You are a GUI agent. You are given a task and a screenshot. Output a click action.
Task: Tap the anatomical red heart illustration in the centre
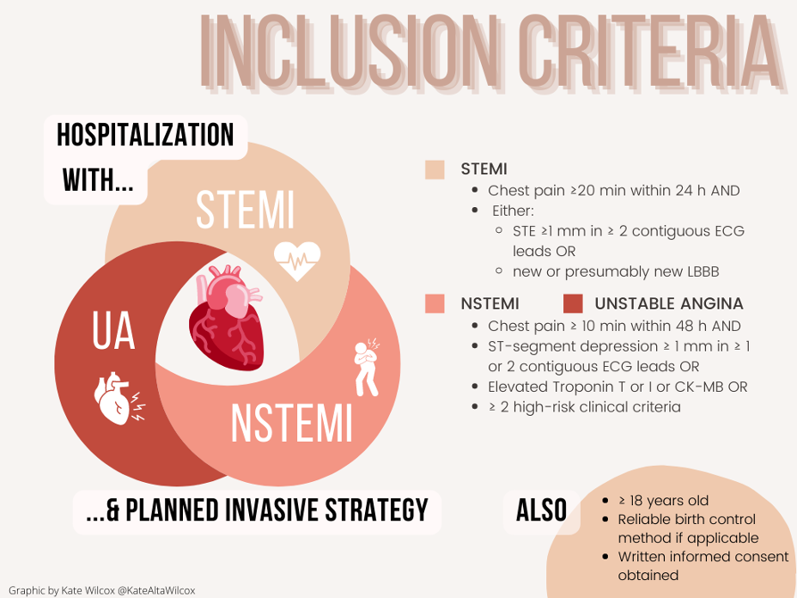(x=227, y=317)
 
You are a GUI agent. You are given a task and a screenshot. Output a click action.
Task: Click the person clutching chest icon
(x=367, y=367)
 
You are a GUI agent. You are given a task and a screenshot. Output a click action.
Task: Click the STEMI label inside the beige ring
(x=245, y=210)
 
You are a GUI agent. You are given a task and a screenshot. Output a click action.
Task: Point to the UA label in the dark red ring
(x=113, y=331)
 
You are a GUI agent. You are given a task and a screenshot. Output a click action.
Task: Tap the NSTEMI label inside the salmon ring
(x=292, y=423)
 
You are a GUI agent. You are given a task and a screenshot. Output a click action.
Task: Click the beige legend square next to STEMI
(x=435, y=169)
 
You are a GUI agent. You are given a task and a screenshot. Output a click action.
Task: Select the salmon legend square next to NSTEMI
(x=435, y=303)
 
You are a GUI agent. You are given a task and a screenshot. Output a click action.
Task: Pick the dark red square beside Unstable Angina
(x=573, y=303)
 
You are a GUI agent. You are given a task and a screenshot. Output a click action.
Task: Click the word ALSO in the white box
(x=541, y=510)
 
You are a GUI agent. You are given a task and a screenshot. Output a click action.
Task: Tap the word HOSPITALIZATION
(x=145, y=135)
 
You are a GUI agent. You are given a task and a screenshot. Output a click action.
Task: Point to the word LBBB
(x=703, y=272)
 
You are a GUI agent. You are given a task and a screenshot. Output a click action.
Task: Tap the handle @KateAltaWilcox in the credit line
(x=156, y=590)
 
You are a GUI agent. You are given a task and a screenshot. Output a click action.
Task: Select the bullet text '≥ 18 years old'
(x=663, y=500)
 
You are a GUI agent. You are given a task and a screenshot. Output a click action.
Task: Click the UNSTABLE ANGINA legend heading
(x=669, y=303)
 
